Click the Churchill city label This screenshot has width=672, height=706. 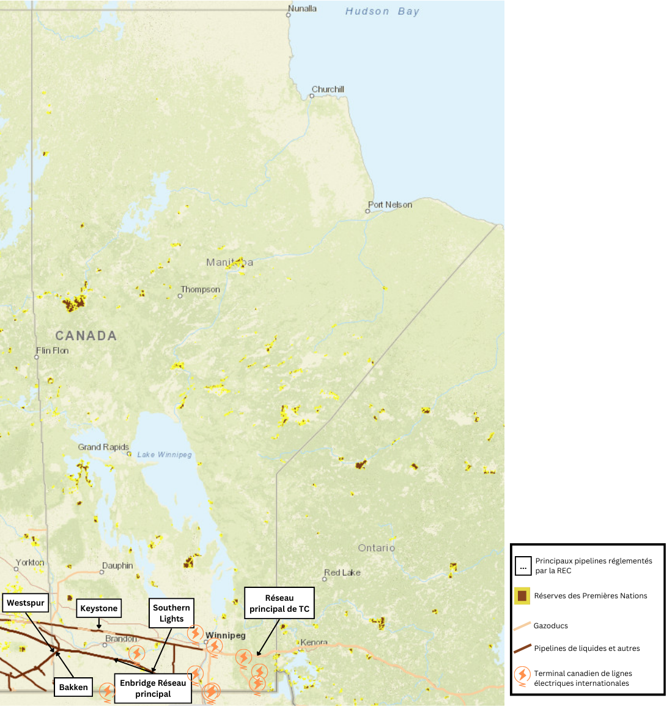(328, 89)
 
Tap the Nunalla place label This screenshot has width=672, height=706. (302, 9)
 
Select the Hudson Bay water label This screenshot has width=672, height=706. (382, 12)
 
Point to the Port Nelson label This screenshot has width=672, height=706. (390, 205)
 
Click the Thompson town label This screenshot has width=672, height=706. (200, 289)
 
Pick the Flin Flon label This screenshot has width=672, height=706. (53, 351)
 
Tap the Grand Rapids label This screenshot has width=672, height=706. (103, 447)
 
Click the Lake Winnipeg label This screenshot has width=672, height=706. (164, 455)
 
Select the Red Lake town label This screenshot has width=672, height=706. (342, 573)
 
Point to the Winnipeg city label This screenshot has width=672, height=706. (226, 636)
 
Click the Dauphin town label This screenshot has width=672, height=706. (117, 566)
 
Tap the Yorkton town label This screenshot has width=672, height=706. (30, 563)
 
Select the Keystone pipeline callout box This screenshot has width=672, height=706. (99, 608)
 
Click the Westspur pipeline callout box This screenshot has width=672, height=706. (26, 603)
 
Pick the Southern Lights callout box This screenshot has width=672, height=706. (171, 613)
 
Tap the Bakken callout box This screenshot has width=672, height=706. (73, 687)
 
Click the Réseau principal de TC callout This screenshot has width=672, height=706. (279, 603)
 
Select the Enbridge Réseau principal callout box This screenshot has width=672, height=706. (153, 688)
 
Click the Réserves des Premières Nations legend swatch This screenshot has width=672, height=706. (522, 596)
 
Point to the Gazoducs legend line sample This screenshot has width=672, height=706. (522, 626)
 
